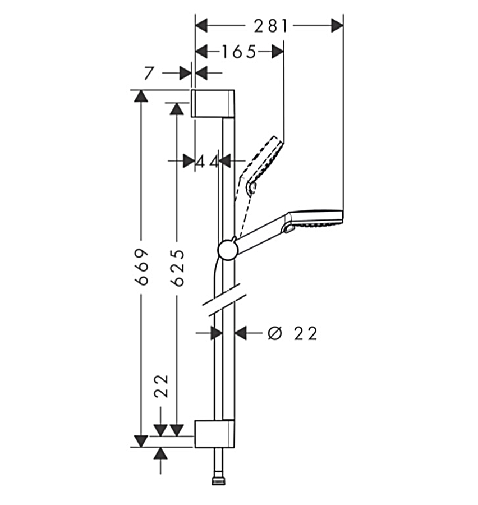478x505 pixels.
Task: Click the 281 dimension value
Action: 270,26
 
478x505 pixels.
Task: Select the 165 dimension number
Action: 238,52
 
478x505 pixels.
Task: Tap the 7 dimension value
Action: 148,73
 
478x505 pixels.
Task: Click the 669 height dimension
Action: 143,266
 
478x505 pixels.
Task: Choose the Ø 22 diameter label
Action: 292,334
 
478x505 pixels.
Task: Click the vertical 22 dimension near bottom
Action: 162,385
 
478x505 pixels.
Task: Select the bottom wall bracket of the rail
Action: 215,434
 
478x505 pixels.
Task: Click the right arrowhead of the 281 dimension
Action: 337,26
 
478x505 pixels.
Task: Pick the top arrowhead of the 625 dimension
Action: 177,108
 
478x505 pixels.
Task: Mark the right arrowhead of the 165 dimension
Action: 277,52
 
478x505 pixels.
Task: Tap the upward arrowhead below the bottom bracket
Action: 161,453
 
